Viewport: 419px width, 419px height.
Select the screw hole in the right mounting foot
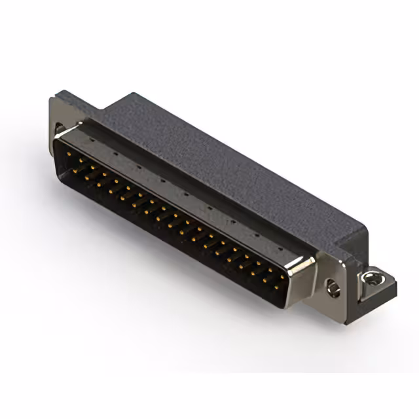click(x=371, y=279)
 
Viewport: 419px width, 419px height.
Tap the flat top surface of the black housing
click(x=216, y=157)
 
